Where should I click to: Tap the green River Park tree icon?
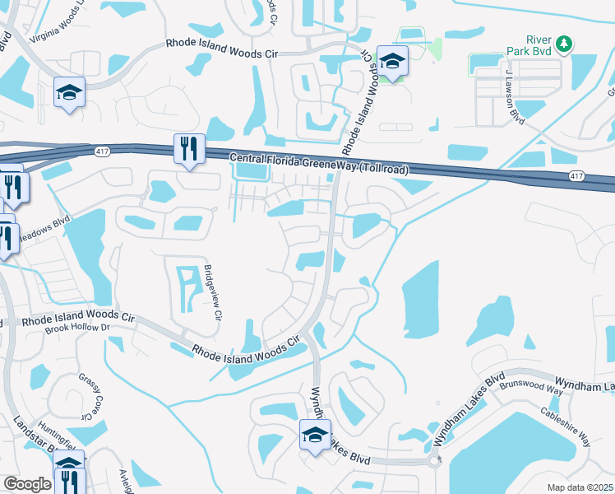point(563,44)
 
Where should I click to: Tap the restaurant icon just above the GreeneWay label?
point(189,150)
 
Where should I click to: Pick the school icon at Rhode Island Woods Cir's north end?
point(393,62)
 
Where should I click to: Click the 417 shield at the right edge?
point(577,176)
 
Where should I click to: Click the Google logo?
point(27,483)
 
